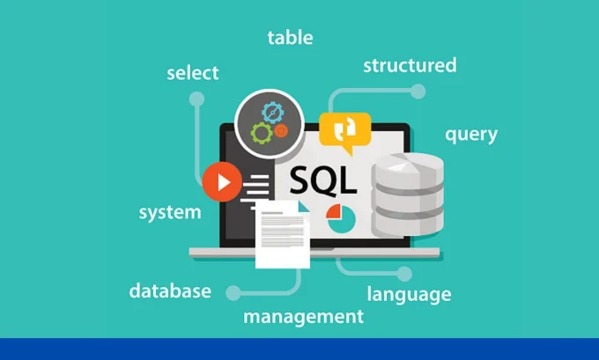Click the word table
(x=290, y=38)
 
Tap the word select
(x=193, y=71)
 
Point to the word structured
(x=410, y=65)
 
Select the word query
(x=470, y=135)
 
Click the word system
(x=170, y=212)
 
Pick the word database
(x=170, y=290)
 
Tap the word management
(x=303, y=315)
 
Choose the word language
(x=409, y=294)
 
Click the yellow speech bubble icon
(x=344, y=129)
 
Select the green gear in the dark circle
(x=261, y=134)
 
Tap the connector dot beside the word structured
(x=418, y=91)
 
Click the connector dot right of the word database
(x=233, y=290)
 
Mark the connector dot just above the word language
(x=404, y=274)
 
